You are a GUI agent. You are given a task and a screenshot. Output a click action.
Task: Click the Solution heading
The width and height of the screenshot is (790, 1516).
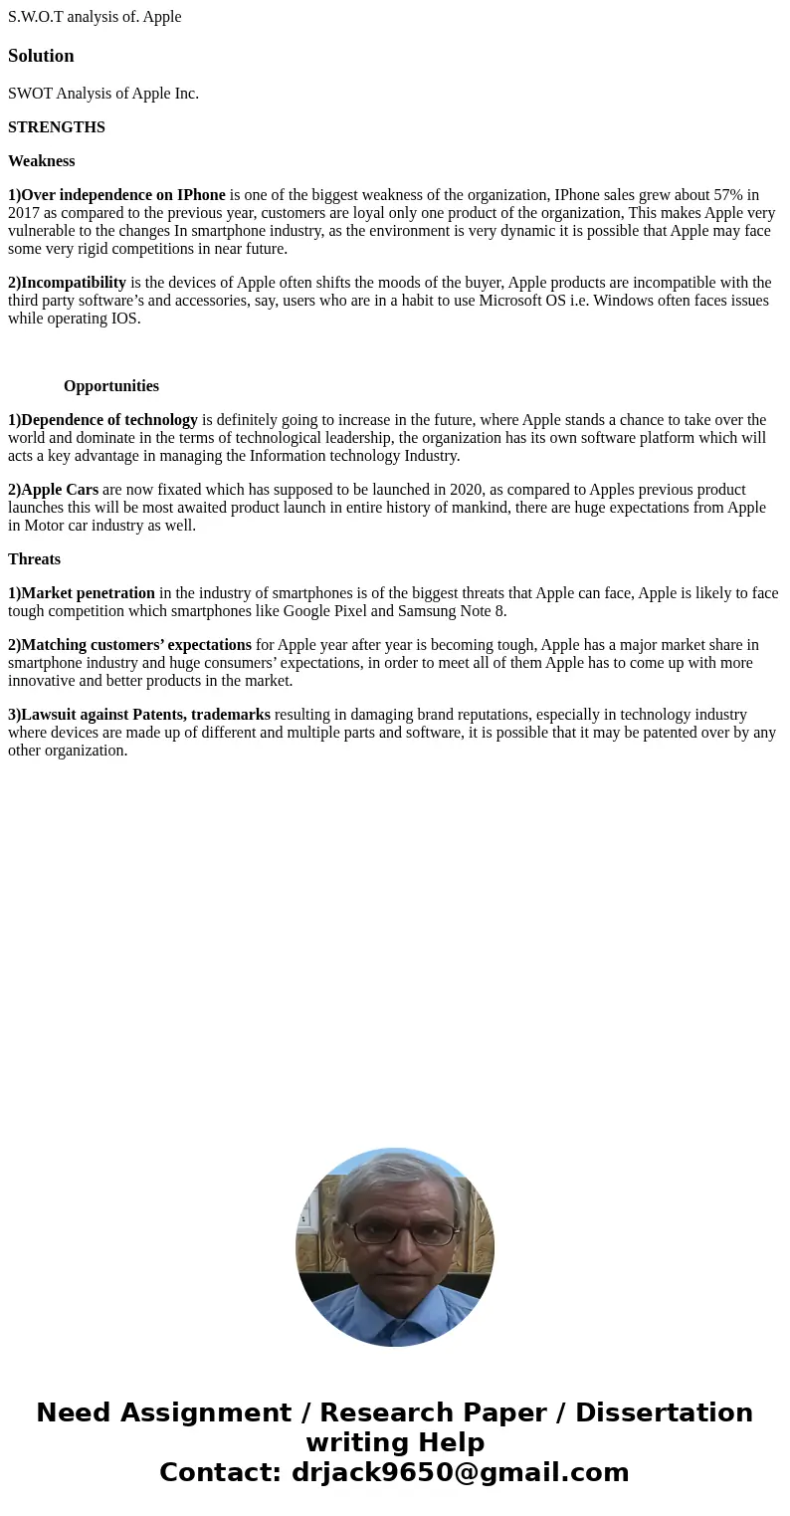(41, 56)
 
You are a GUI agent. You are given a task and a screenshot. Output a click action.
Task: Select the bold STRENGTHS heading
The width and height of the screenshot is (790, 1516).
(57, 127)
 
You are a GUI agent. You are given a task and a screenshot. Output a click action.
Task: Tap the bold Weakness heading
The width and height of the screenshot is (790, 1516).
(42, 161)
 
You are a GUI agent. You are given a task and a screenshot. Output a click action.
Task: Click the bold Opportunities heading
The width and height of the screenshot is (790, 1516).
(111, 386)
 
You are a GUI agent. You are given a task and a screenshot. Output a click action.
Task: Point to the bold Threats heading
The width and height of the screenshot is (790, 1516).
(35, 559)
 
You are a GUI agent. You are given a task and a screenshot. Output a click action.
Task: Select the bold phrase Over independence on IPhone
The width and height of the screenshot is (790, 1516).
(122, 195)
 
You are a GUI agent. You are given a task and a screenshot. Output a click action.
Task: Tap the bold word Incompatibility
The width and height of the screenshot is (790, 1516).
(74, 283)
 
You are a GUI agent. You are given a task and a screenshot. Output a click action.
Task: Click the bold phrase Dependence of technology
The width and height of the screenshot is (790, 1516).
(109, 420)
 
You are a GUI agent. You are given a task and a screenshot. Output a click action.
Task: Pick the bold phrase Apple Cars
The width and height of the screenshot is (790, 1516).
(60, 490)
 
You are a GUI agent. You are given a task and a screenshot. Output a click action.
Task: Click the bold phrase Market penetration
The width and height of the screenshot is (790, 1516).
(88, 593)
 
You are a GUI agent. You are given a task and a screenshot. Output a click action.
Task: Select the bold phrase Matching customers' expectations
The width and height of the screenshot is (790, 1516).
(136, 645)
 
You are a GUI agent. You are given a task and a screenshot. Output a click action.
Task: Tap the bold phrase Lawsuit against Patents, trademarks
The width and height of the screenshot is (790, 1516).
(145, 715)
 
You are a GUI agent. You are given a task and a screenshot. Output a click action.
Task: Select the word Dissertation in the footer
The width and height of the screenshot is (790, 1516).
(664, 1412)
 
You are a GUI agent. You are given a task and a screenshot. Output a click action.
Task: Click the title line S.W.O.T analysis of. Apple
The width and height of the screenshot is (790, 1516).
(95, 17)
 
